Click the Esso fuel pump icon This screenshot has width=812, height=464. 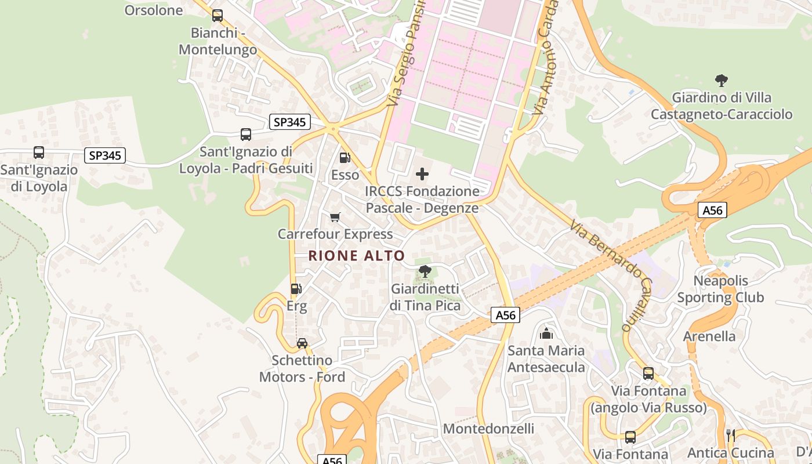pyautogui.click(x=345, y=157)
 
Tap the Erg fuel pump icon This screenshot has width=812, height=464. pyautogui.click(x=296, y=288)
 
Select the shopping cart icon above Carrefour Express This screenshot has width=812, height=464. pyautogui.click(x=335, y=217)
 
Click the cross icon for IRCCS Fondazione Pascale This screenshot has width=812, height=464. pyautogui.click(x=422, y=173)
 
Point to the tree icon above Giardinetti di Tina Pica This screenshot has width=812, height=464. pyautogui.click(x=425, y=271)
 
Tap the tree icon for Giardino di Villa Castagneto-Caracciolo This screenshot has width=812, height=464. pyautogui.click(x=721, y=80)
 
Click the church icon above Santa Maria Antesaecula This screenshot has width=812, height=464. pyautogui.click(x=546, y=333)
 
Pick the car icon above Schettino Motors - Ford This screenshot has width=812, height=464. pyautogui.click(x=302, y=343)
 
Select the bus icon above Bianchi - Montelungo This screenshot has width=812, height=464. pyautogui.click(x=217, y=16)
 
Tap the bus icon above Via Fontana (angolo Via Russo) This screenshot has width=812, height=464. pyautogui.click(x=648, y=374)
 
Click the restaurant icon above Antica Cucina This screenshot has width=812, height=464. pyautogui.click(x=730, y=435)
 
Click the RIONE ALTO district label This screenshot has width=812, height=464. pyautogui.click(x=356, y=256)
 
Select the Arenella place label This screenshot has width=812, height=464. pyautogui.click(x=709, y=336)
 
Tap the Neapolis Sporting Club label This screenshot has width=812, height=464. pyautogui.click(x=721, y=289)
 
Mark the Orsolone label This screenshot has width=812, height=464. pyautogui.click(x=154, y=10)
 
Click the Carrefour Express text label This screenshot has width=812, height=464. pyautogui.click(x=335, y=234)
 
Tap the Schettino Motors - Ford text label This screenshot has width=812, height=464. pyautogui.click(x=302, y=369)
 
